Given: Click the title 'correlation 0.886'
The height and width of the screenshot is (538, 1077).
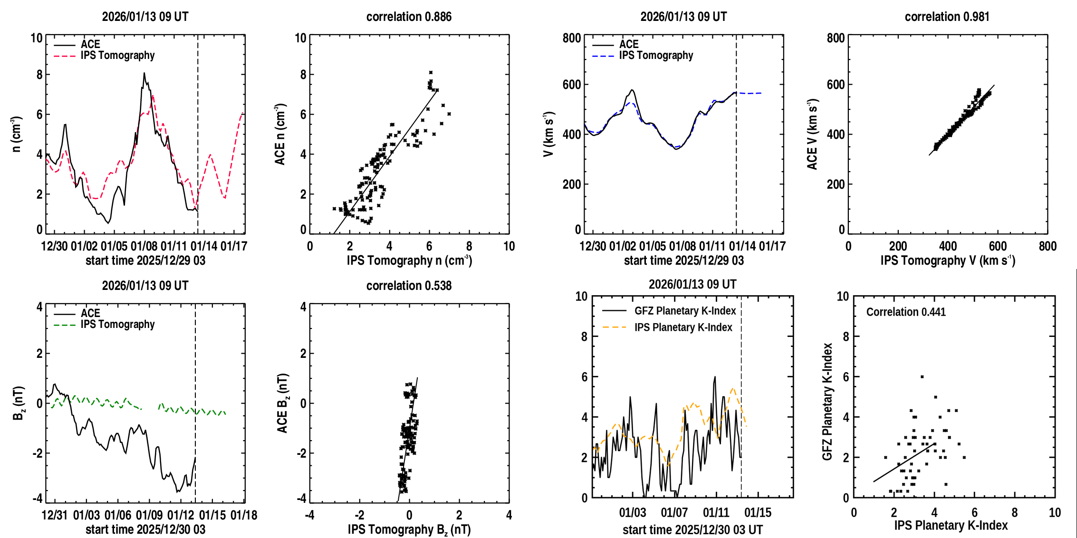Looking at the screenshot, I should (409, 17).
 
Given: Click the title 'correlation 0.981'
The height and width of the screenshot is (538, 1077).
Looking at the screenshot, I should (947, 17).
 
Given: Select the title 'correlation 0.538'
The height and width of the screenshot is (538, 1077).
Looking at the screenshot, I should (409, 286).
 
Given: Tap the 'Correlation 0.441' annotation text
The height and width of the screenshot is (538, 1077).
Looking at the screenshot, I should (906, 312).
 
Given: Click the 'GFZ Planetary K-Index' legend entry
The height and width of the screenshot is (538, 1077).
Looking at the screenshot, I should (685, 311).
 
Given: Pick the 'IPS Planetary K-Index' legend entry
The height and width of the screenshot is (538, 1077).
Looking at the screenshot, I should (683, 327).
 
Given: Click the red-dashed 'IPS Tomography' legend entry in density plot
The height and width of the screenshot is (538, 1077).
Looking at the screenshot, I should (117, 56).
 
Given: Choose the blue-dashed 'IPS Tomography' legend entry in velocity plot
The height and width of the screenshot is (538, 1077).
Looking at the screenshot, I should (656, 56).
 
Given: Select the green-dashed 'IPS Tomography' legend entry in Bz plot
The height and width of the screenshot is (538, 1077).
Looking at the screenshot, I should (117, 325).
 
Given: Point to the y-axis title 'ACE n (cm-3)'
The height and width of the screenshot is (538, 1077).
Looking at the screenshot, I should (280, 134).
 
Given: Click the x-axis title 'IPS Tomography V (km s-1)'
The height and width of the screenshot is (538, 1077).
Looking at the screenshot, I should (948, 260).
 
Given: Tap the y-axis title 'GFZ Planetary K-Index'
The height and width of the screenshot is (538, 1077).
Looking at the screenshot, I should (827, 402).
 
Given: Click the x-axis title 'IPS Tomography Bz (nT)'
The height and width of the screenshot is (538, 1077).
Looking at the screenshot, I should (409, 529).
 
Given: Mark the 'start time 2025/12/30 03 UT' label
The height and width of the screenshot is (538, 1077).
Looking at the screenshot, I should (692, 529).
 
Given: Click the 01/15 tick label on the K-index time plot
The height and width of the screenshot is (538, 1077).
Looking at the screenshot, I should (758, 513).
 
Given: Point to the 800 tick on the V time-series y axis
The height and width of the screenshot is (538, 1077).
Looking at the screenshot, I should (572, 38).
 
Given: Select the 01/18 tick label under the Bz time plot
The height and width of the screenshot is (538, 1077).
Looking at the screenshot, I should (244, 515).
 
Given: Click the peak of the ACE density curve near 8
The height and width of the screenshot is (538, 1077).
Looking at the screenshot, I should (144, 73).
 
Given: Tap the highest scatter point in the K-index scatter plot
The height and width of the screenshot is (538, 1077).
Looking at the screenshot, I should (922, 377).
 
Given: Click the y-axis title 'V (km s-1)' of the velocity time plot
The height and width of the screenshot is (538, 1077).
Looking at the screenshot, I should (549, 134).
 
